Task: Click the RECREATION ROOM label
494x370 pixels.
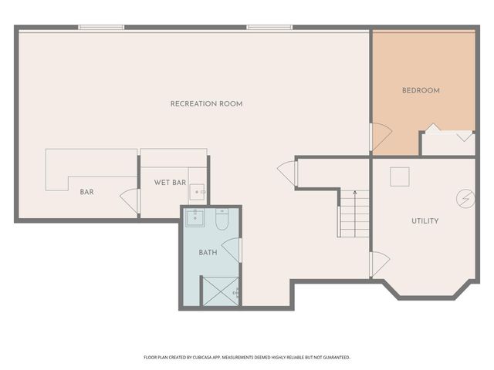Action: [x=207, y=103]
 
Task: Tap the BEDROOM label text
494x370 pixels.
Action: [x=421, y=90]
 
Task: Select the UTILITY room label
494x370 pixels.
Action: [x=425, y=221]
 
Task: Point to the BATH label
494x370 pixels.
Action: [x=208, y=252]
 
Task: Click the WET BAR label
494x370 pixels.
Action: [x=170, y=183]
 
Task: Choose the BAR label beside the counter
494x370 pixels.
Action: [x=87, y=192]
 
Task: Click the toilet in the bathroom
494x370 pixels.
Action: [x=222, y=221]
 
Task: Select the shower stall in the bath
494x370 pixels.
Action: [x=220, y=291]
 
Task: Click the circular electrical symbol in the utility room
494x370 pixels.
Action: [x=465, y=198]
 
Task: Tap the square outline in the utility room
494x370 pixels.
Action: [x=399, y=177]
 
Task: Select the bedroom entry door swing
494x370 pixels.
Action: [x=381, y=137]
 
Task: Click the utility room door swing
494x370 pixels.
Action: [x=379, y=264]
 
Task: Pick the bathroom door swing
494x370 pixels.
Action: [x=235, y=250]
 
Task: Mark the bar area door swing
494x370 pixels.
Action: [x=130, y=200]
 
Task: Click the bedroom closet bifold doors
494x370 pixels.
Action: [x=448, y=133]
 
